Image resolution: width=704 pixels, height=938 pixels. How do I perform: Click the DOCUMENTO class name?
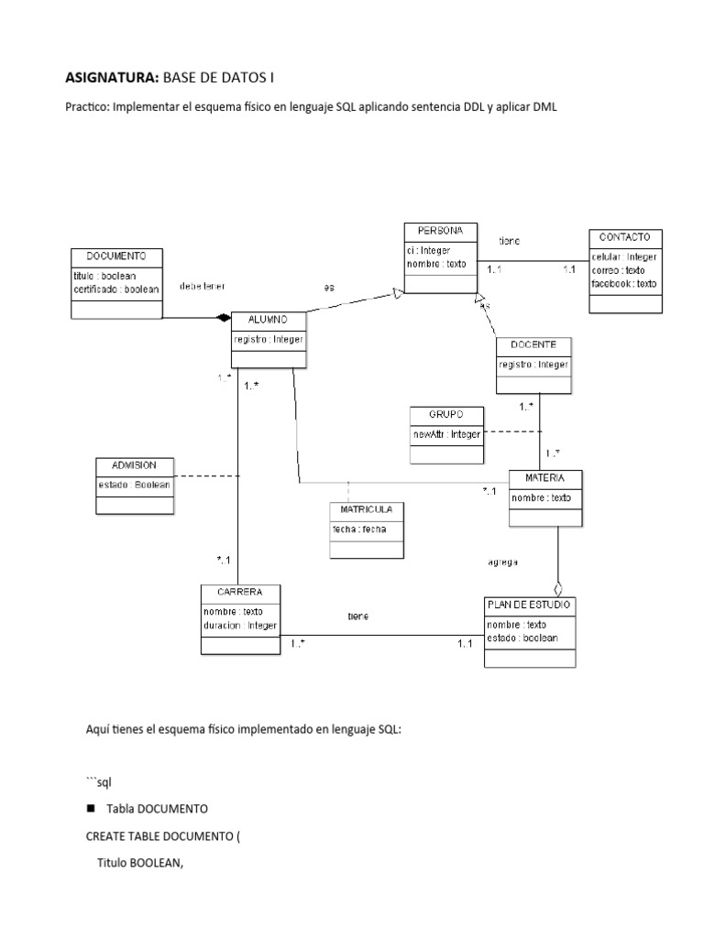pyautogui.click(x=115, y=256)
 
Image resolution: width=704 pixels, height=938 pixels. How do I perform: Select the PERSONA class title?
pyautogui.click(x=440, y=230)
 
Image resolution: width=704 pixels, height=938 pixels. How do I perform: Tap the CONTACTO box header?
pyautogui.click(x=625, y=237)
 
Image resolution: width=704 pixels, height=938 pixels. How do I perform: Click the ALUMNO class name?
pyautogui.click(x=268, y=319)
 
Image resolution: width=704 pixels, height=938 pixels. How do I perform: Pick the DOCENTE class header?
pyautogui.click(x=533, y=344)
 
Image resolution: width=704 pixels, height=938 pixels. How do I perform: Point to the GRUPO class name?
pyautogui.click(x=445, y=414)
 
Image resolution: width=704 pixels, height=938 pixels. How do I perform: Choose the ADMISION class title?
pyautogui.click(x=134, y=464)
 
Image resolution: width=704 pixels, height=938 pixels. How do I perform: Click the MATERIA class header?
pyautogui.click(x=544, y=478)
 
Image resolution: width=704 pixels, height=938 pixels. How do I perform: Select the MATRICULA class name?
pyautogui.click(x=367, y=509)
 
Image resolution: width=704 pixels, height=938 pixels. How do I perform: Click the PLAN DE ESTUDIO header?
pyautogui.click(x=530, y=605)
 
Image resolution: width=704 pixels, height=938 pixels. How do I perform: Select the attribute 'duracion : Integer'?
pyautogui.click(x=239, y=626)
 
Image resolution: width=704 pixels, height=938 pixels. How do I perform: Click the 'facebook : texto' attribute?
pyautogui.click(x=624, y=284)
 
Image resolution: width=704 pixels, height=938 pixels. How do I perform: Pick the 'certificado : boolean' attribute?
pyautogui.click(x=115, y=289)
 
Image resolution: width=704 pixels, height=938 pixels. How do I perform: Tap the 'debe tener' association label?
pyautogui.click(x=203, y=286)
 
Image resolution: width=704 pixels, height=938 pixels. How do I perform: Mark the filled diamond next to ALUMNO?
pyautogui.click(x=221, y=318)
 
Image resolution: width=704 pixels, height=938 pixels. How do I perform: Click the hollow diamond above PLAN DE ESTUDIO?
pyautogui.click(x=557, y=587)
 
